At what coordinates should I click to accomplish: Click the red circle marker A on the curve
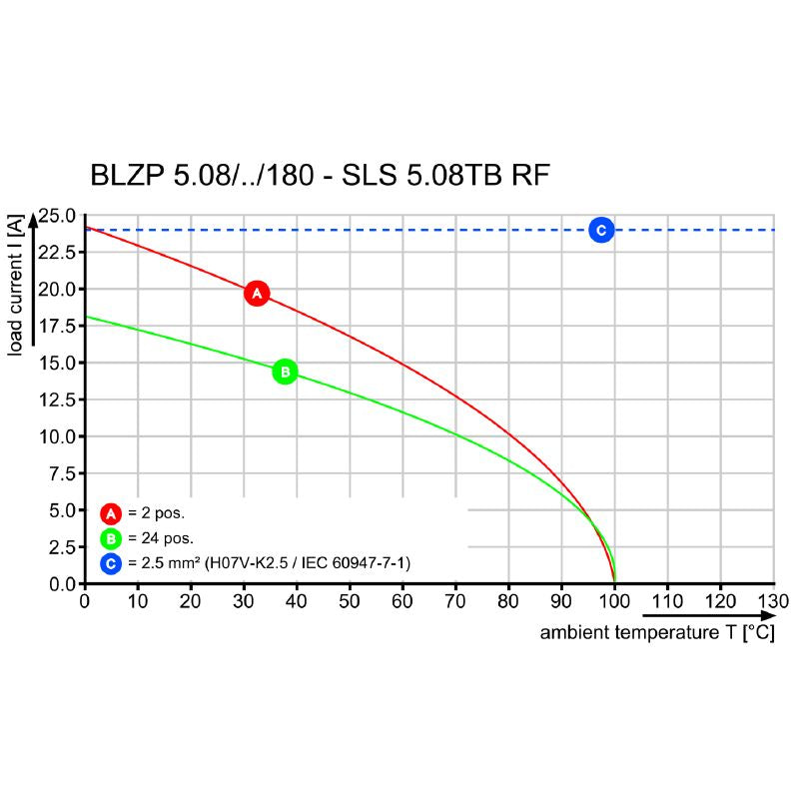[x=257, y=294]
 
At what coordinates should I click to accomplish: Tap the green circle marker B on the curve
[x=285, y=372]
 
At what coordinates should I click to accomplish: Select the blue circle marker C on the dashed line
[x=600, y=230]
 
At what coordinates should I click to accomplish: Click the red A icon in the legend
[x=111, y=514]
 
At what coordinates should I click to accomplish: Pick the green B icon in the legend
[x=111, y=539]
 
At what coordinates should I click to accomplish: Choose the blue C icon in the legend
[x=111, y=564]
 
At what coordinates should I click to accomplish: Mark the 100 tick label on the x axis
[x=614, y=601]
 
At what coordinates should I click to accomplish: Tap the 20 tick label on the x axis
[x=190, y=601]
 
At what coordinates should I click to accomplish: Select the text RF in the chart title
[x=529, y=177]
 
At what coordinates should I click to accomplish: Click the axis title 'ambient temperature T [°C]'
[x=657, y=633]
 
